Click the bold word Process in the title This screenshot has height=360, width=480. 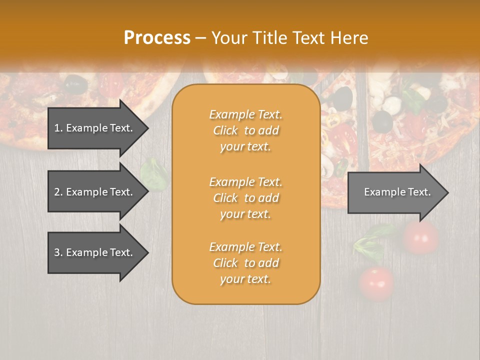[x=157, y=38]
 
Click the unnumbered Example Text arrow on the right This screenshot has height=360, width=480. [x=395, y=192]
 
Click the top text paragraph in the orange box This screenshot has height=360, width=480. [x=245, y=130]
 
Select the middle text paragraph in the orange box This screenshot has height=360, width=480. [x=245, y=197]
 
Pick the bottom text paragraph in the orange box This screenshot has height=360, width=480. [x=245, y=263]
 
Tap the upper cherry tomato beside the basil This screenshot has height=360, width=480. [x=420, y=237]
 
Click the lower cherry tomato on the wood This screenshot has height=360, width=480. [x=376, y=283]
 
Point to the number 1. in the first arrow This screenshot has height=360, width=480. [x=58, y=128]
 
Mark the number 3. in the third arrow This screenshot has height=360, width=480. [x=58, y=252]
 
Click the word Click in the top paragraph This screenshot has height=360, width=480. [x=225, y=130]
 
